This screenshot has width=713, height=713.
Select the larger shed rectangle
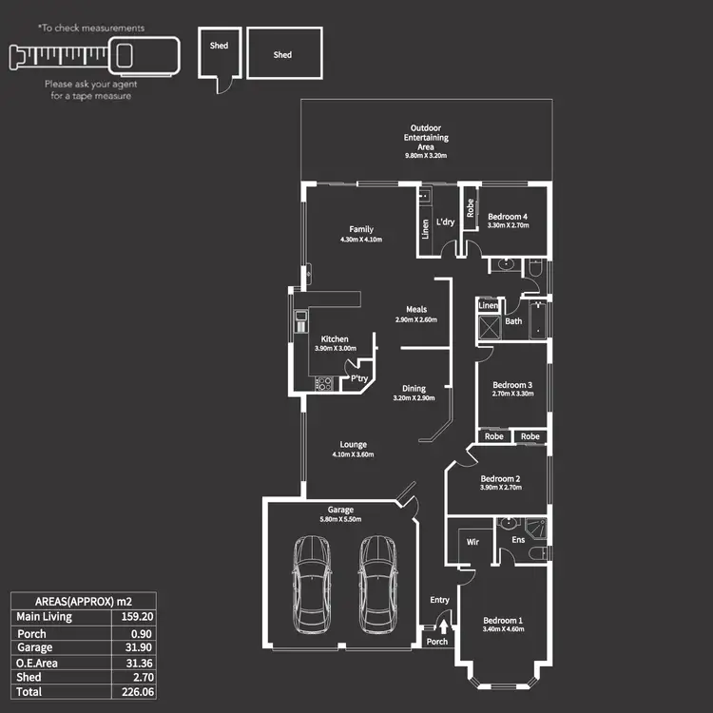tap(284, 53)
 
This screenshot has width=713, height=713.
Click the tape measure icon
tap(94, 55)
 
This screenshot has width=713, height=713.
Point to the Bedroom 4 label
tap(507, 217)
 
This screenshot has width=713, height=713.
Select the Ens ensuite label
tap(518, 540)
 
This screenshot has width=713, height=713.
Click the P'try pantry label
tap(359, 378)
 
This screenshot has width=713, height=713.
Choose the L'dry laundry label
tap(445, 222)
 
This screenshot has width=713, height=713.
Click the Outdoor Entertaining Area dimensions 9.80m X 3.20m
tap(425, 155)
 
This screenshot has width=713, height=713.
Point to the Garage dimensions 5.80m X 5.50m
tap(340, 520)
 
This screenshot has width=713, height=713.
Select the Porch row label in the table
tap(31, 632)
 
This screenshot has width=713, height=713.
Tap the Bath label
tap(513, 321)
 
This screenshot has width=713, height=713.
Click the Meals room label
tap(416, 309)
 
